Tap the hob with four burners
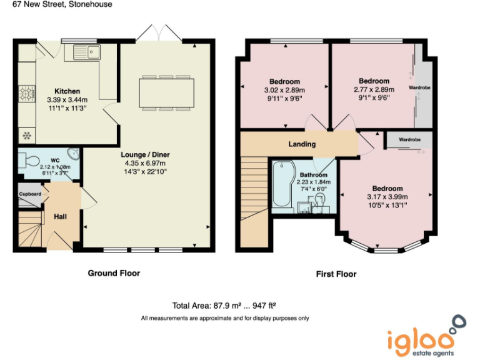coord(27,94)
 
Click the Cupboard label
coord(29,194)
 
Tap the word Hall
coord(61,216)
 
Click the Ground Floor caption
coord(114,273)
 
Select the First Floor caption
coord(336,274)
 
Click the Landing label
coord(302,144)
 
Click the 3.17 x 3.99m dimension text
coord(387,197)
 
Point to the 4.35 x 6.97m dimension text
coord(146,163)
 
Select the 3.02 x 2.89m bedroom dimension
coord(285,90)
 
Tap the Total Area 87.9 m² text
coord(224,306)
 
